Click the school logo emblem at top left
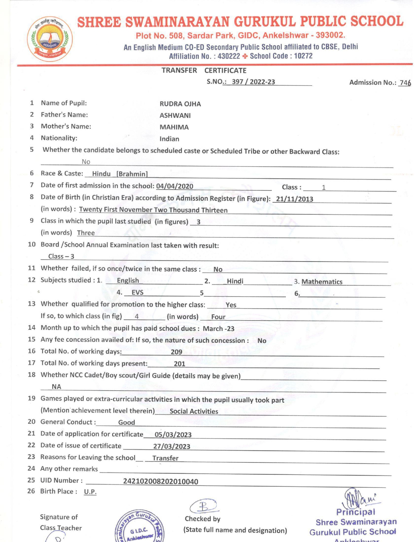(50, 39)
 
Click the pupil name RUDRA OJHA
(180, 104)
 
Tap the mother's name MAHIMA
(174, 127)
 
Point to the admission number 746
(405, 83)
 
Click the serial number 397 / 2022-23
(253, 82)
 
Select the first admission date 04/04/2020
(175, 186)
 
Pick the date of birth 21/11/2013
(294, 199)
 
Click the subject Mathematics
(322, 282)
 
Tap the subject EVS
(137, 292)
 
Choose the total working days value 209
(176, 352)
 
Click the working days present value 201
(179, 364)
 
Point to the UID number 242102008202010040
(160, 482)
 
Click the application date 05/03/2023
(173, 435)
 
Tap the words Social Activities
(194, 411)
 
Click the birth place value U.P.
(90, 492)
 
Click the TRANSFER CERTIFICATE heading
(204, 70)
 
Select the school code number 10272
(303, 56)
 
